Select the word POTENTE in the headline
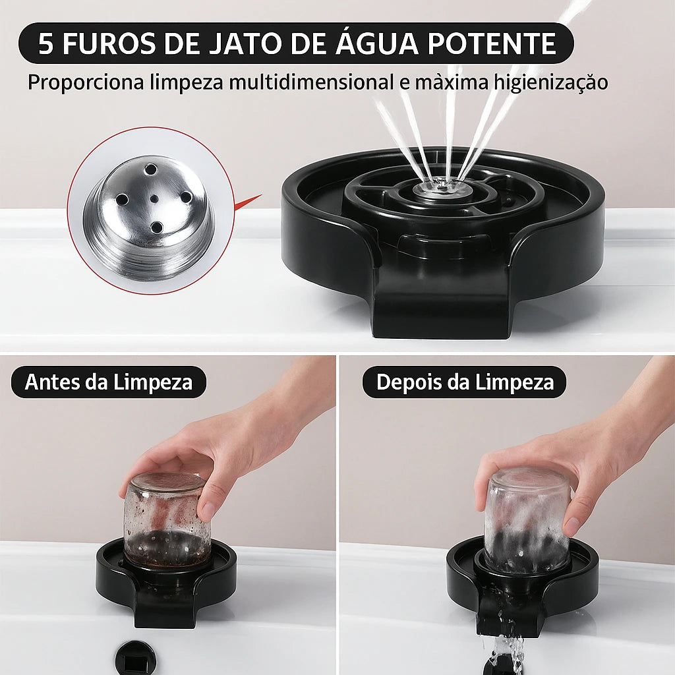coord(492,44)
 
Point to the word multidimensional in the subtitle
coord(311,82)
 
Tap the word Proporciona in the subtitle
coord(86,82)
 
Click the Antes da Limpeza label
coord(109,382)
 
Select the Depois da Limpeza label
coord(465,382)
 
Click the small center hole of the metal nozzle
coord(154,199)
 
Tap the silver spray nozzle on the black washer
coord(441,187)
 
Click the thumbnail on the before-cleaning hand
coord(208,510)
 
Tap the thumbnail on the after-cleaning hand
coord(572,524)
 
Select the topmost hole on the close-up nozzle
coord(151,169)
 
